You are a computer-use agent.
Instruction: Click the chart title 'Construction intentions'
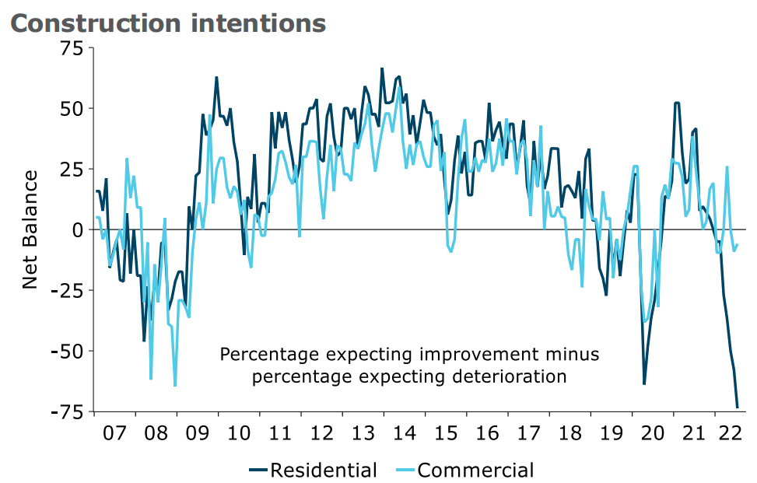167,23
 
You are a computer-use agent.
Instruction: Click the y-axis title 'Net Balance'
30,229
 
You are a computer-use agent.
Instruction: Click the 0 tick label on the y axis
75,229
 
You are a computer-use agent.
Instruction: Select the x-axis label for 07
114,431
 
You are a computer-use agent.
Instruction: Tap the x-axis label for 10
239,431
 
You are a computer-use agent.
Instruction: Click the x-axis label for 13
363,431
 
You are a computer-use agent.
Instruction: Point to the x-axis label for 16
488,431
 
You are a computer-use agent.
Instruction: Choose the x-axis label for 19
612,431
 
